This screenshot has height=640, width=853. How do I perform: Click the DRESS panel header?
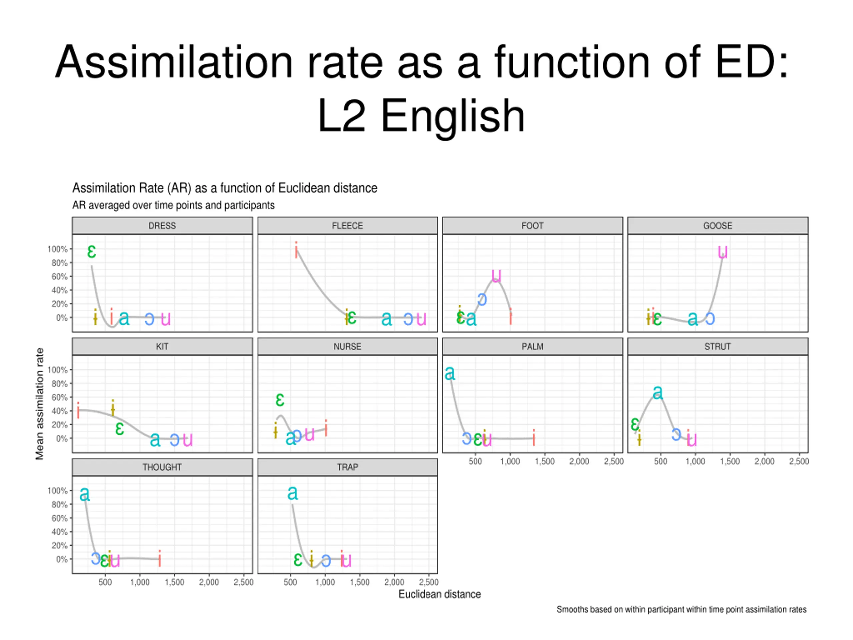pos(162,226)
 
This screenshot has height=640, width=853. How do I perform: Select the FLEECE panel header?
pos(347,226)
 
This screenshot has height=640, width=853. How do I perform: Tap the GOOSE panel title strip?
pos(717,226)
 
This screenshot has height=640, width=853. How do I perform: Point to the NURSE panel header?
pos(347,346)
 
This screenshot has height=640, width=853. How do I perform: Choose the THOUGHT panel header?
pos(162,467)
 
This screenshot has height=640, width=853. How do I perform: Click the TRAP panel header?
pos(347,467)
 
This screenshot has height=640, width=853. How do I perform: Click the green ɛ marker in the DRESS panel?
pos(91,252)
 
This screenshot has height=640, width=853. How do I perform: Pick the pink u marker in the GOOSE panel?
pos(723,252)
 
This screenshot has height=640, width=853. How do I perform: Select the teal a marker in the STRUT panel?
pos(658,393)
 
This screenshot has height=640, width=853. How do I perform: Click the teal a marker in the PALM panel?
pos(449,373)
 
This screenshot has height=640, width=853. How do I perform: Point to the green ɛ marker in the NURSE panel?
pos(280,400)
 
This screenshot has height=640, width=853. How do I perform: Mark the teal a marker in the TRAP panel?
pos(292,493)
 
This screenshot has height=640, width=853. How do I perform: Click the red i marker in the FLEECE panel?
pos(296,250)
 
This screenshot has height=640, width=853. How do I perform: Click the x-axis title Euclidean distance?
pos(439,594)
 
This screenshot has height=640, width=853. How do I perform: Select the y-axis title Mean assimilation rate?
pos(39,404)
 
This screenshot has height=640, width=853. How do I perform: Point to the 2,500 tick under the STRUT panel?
pos(799,461)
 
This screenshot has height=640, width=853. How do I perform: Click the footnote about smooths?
pos(681,610)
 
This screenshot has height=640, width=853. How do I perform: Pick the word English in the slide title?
pos(453,116)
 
